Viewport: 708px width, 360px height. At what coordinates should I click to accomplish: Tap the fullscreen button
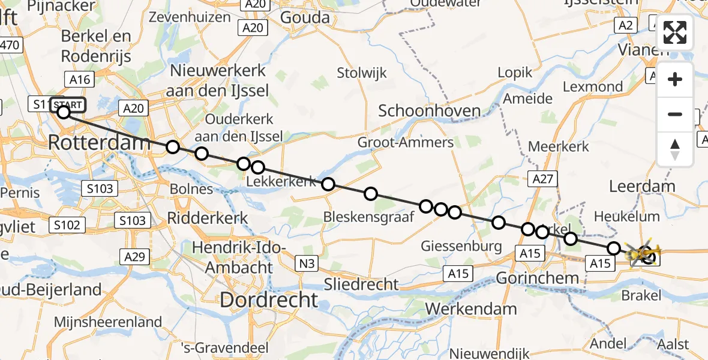pos(675,32)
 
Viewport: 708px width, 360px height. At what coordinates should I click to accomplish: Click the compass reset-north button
pos(675,149)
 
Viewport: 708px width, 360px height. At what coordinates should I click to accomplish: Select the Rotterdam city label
pos(99,143)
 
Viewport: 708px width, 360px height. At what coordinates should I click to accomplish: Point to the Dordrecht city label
pos(268,299)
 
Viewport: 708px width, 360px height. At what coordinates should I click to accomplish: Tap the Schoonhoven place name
pos(429,110)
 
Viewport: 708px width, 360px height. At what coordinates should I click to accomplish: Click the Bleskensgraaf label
pos(368,217)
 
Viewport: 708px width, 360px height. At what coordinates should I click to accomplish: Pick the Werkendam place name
pos(472,310)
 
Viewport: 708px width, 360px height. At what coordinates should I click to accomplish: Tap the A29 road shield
pos(134,257)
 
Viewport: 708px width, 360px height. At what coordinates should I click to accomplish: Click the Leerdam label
pos(634,187)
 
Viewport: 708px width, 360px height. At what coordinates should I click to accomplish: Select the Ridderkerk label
pos(208,217)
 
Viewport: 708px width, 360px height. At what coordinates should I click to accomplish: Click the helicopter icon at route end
pos(643,255)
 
